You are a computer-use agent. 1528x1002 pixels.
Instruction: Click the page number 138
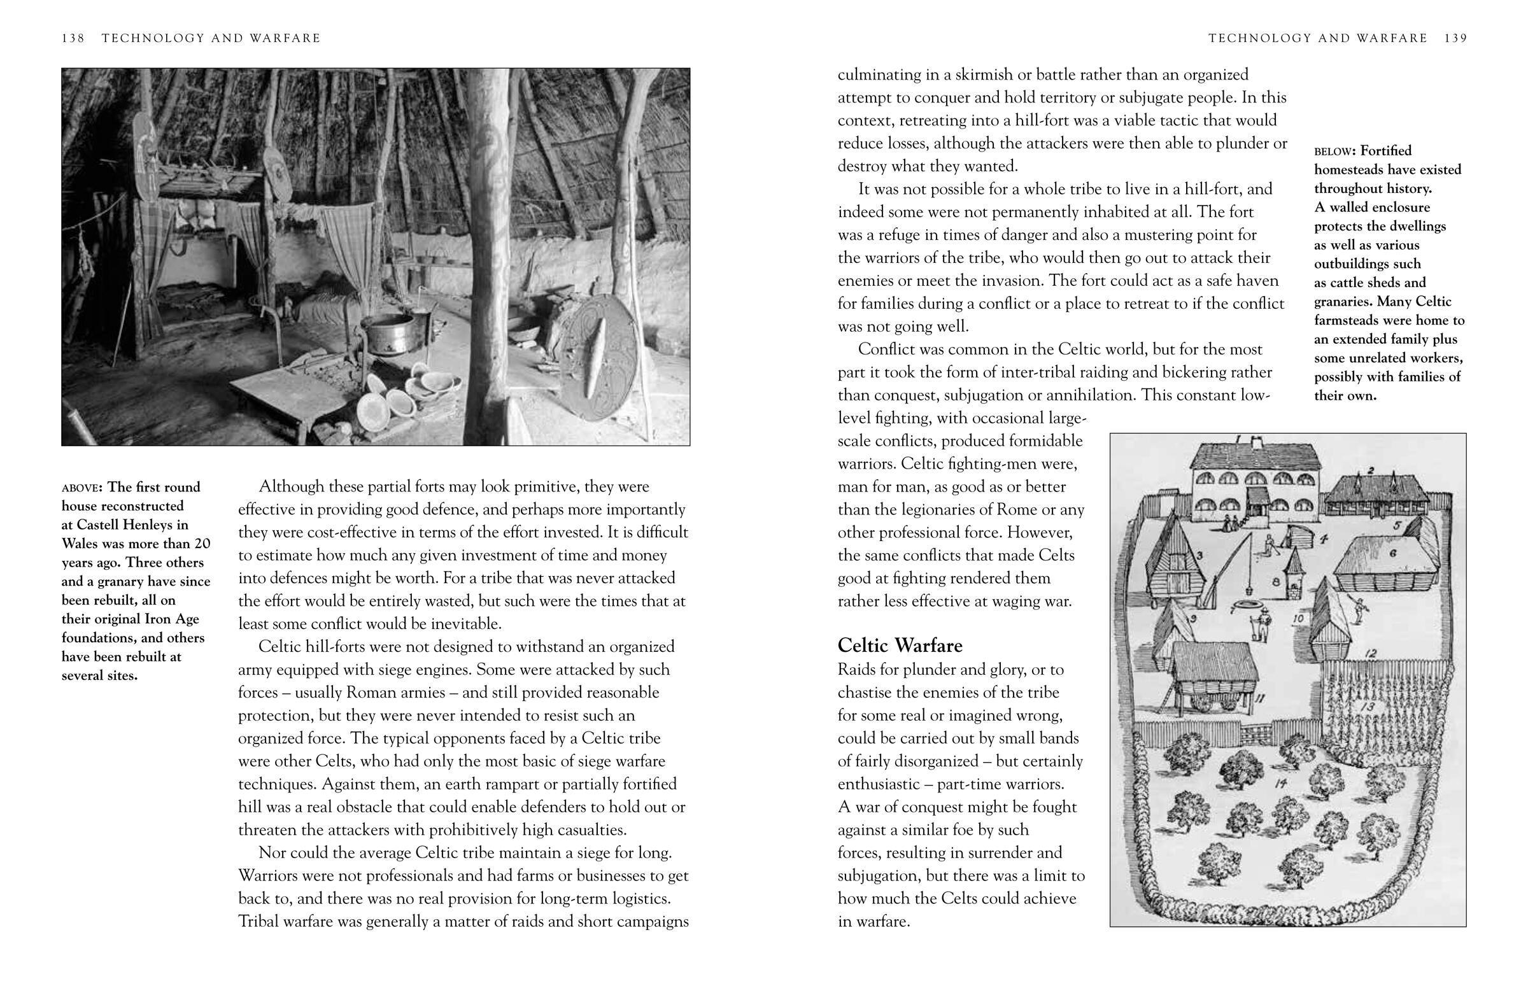[x=73, y=38]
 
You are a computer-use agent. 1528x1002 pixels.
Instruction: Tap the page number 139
[x=1455, y=38]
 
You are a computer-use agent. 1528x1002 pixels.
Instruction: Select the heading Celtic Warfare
[x=900, y=645]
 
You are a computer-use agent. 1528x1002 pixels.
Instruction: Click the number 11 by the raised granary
[x=1260, y=698]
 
